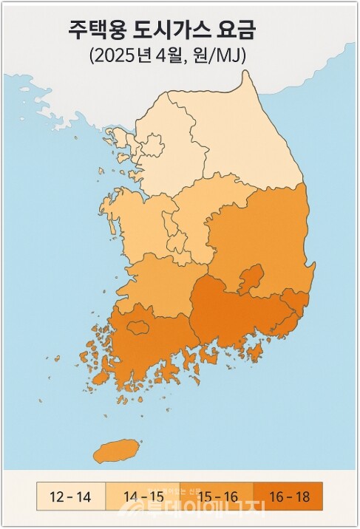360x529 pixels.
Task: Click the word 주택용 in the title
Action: (94, 30)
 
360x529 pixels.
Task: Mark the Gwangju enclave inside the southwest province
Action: (138, 326)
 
